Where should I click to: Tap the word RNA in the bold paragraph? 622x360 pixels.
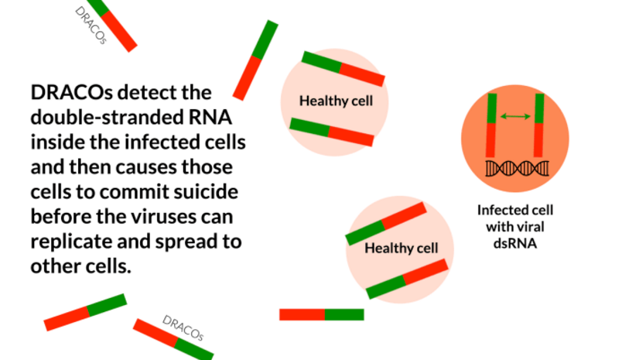coord(207,118)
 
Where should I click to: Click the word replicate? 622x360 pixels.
coord(70,242)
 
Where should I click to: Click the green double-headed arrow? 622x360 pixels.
coord(515,116)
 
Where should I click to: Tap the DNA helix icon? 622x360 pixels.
coord(518,169)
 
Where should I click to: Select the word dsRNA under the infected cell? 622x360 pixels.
coord(515,243)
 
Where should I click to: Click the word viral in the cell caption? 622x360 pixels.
coord(531,227)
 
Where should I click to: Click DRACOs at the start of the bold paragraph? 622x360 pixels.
coord(71,92)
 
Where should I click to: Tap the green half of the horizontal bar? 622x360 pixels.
coord(344,315)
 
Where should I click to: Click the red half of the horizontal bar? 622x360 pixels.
coord(302,315)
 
